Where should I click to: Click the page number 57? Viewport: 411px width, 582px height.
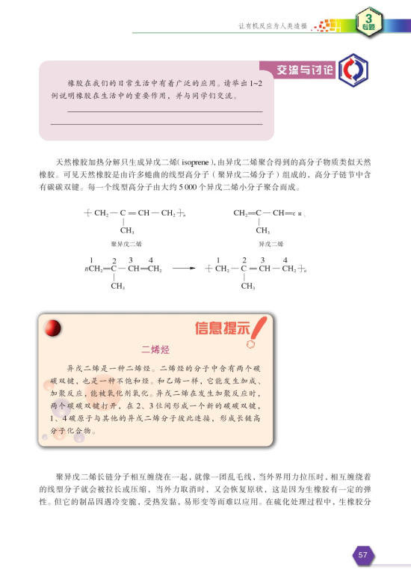tap(362, 554)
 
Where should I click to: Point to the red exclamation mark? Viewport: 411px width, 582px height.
tap(259, 327)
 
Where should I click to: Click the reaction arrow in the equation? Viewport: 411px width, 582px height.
tap(182, 269)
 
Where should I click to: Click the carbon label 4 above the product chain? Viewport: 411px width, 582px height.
tap(284, 259)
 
